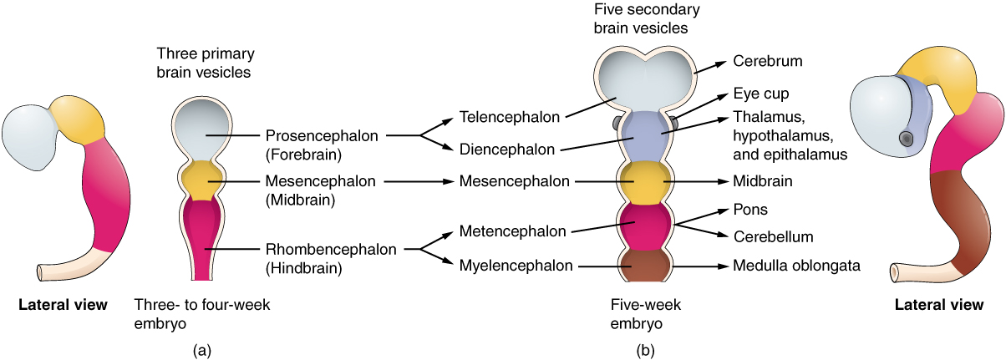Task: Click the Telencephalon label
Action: click(509, 117)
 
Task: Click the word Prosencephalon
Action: click(322, 134)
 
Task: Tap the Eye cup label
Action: click(760, 94)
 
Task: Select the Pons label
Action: click(749, 210)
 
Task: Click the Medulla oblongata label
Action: click(796, 266)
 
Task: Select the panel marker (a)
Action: click(201, 350)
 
